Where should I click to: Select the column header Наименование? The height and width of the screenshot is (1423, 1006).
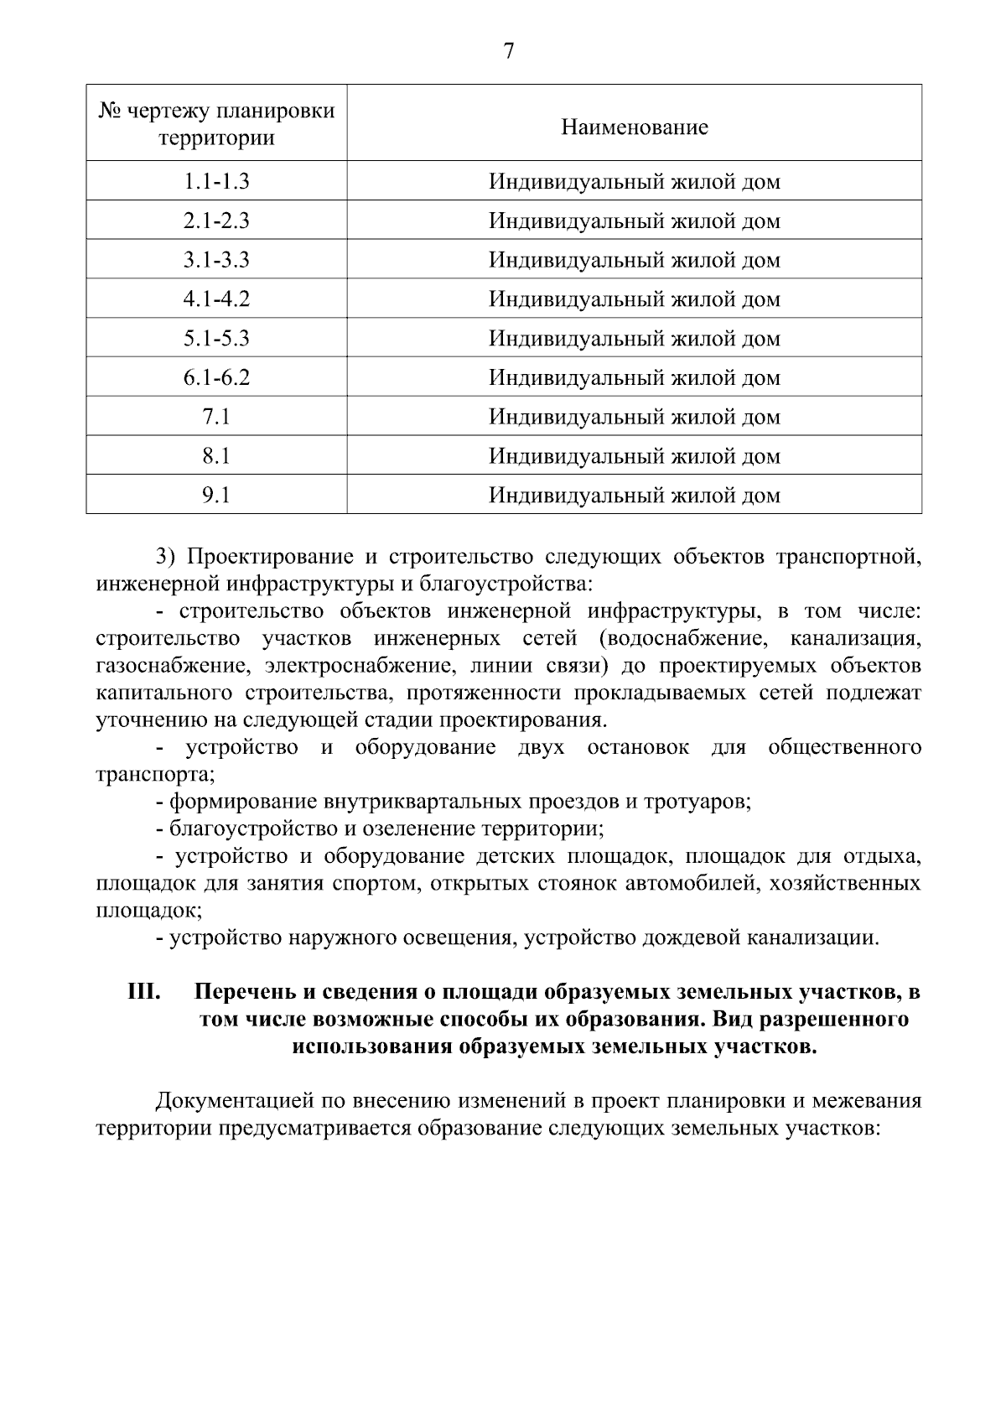(635, 127)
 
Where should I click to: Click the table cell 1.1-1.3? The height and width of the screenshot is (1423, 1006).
(216, 182)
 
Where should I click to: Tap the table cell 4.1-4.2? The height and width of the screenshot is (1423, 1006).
(216, 299)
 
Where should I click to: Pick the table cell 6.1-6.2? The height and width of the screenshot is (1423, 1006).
(216, 377)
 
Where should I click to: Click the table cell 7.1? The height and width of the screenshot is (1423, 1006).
(216, 417)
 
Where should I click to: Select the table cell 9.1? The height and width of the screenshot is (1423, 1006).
(216, 496)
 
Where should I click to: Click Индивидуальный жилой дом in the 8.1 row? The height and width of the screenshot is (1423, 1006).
(635, 456)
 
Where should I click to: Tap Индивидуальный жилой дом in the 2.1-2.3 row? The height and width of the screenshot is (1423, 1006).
(635, 221)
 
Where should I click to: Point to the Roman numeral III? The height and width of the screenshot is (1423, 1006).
(143, 992)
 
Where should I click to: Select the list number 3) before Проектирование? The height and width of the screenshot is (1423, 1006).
(166, 557)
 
